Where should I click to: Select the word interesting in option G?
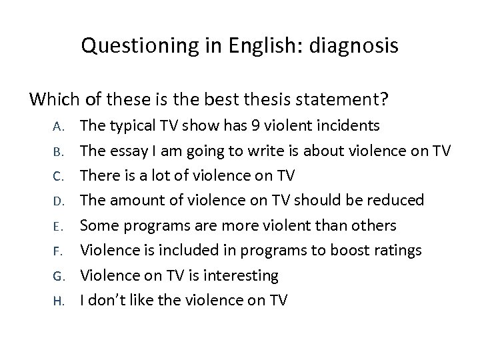pos(241,275)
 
